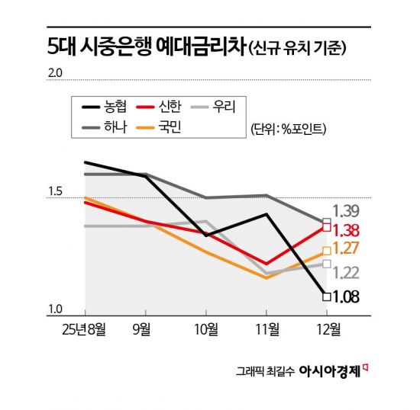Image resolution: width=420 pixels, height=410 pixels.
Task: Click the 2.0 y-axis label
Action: [57, 73]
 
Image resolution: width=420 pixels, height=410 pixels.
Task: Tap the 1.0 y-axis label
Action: [57, 308]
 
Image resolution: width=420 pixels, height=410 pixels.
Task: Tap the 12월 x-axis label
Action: [327, 328]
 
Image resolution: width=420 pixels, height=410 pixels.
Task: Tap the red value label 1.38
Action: [347, 229]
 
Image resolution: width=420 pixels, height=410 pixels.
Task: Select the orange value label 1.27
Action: [347, 248]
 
